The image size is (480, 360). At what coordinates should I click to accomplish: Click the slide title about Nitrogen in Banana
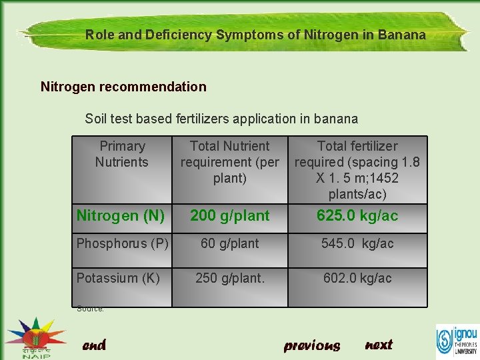click(x=255, y=35)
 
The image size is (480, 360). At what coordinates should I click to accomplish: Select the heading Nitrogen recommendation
click(x=123, y=87)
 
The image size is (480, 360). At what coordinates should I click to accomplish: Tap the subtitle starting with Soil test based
click(x=221, y=119)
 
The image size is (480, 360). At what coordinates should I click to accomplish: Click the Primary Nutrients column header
click(x=122, y=154)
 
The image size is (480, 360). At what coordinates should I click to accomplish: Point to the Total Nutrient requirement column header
click(x=230, y=162)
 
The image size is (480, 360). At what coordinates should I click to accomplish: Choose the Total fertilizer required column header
click(x=357, y=170)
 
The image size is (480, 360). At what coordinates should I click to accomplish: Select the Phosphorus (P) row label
click(x=122, y=243)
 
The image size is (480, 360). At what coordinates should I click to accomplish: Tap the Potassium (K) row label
click(x=118, y=278)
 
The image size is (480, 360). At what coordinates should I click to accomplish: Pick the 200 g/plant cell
click(x=230, y=215)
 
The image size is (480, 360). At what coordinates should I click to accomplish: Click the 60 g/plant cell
click(x=230, y=243)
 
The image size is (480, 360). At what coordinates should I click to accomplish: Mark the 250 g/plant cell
click(x=230, y=278)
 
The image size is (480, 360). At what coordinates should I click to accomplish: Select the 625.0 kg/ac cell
click(x=357, y=215)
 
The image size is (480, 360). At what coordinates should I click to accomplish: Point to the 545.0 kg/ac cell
click(x=357, y=243)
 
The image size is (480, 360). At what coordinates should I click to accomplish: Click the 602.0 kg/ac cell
click(x=357, y=278)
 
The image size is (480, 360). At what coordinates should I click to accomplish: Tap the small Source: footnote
click(x=90, y=308)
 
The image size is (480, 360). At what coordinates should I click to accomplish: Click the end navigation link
click(x=94, y=345)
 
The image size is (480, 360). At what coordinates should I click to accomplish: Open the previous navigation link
click(x=312, y=345)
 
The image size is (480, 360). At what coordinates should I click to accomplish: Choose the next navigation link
click(x=379, y=345)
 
